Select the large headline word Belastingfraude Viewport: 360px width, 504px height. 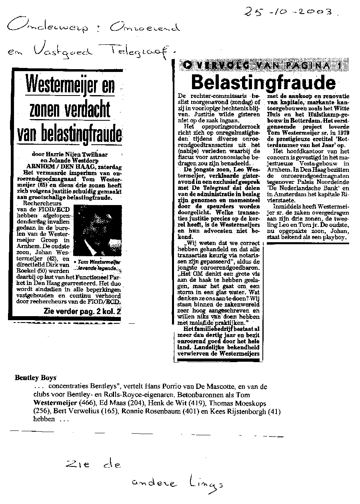(x=263, y=82)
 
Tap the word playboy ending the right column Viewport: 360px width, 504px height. (x=335, y=237)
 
